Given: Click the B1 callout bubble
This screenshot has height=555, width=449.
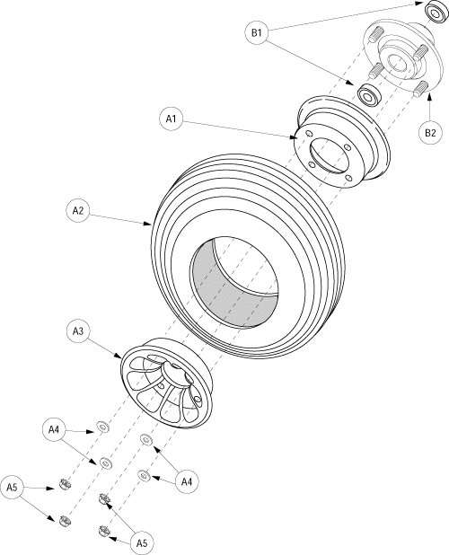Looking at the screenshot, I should pyautogui.click(x=257, y=33).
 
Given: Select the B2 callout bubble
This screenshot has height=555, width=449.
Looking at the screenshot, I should pyautogui.click(x=429, y=134).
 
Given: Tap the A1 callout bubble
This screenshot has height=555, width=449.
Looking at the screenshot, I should pyautogui.click(x=171, y=117).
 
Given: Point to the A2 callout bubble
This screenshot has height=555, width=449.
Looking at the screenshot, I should pyautogui.click(x=78, y=211).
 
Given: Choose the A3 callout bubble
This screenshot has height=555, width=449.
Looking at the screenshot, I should pyautogui.click(x=78, y=332).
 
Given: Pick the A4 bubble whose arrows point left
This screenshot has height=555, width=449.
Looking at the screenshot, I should pyautogui.click(x=187, y=482).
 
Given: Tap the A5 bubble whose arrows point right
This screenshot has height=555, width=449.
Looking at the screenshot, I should pyautogui.click(x=13, y=487).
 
